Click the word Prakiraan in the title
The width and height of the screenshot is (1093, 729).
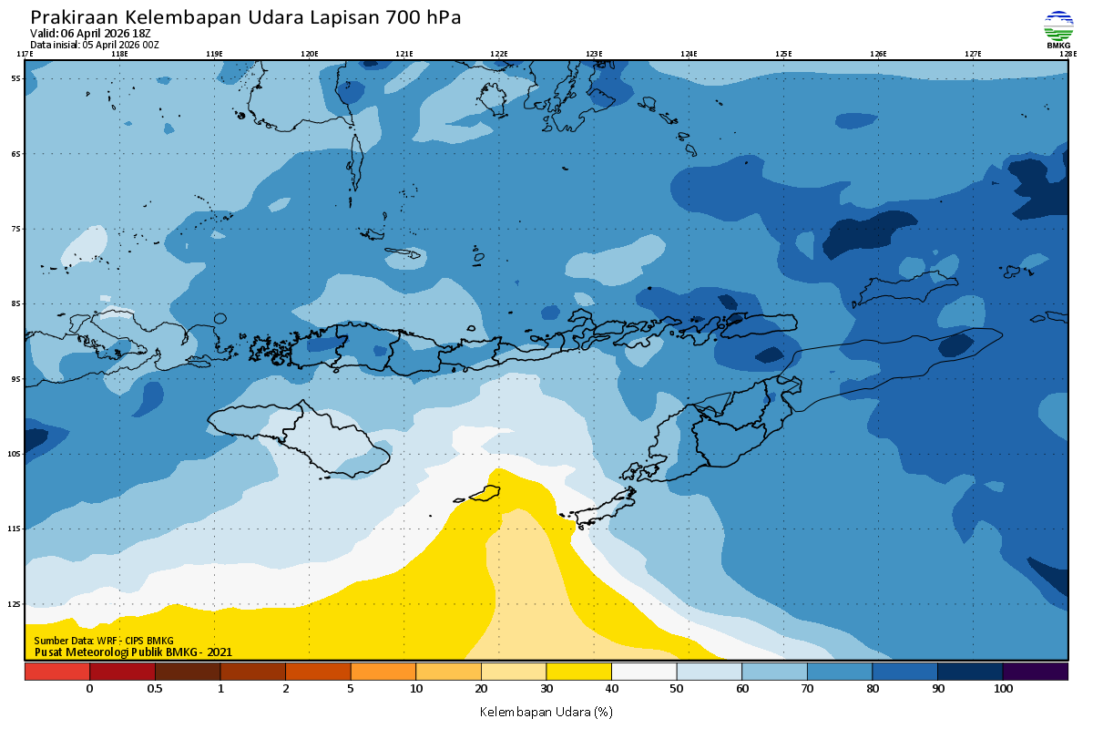74,17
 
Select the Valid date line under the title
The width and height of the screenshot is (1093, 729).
90,34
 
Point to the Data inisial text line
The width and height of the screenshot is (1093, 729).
95,45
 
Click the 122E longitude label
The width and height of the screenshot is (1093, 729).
498,54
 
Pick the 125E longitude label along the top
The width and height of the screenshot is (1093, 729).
783,54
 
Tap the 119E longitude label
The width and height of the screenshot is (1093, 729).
214,54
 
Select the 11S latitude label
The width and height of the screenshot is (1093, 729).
15,529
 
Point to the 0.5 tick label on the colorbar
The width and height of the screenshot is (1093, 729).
155,690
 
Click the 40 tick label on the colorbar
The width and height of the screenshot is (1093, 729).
611,690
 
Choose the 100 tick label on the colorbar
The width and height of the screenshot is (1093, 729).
1003,690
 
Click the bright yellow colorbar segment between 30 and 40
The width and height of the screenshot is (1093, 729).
578,672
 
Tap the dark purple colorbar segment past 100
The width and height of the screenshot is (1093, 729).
1036,672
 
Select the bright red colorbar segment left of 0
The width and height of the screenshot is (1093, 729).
56,672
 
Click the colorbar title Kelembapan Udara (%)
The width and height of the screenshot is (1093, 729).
546,711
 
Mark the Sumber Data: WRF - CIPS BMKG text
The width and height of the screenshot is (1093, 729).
104,642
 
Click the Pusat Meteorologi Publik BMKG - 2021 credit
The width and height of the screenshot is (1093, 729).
133,652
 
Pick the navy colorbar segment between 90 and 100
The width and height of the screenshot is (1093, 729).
970,672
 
